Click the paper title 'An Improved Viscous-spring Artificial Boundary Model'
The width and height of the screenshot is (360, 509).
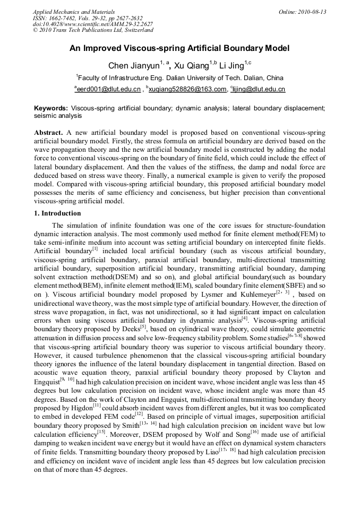coord(179,48)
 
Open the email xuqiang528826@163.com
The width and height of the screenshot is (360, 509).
coord(181,89)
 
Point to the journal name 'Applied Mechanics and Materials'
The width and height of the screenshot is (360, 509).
coord(73,12)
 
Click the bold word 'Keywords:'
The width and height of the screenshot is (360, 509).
coord(51,108)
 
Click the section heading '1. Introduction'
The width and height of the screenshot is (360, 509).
coord(57,213)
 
